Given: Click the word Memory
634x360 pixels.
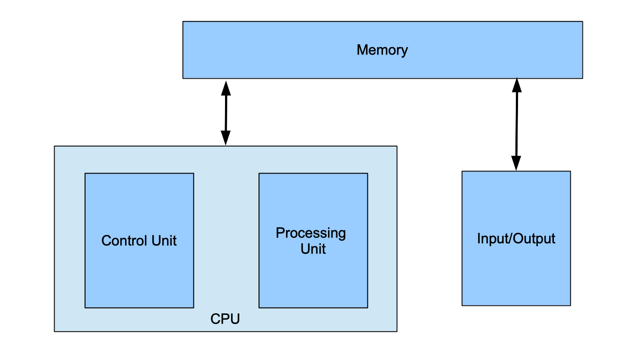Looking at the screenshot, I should [382, 50].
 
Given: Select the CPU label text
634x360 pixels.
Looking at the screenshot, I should [225, 319].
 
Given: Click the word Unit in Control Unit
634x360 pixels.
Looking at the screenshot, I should [165, 241].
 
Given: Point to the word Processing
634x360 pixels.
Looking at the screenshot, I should [311, 233].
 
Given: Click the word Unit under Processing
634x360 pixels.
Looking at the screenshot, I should [313, 249].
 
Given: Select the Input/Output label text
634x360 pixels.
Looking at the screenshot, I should [516, 239].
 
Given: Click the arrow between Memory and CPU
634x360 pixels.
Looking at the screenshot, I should [226, 112].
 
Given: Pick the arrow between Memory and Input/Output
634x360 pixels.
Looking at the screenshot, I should [517, 125].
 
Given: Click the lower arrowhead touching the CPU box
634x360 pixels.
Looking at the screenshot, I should [225, 138].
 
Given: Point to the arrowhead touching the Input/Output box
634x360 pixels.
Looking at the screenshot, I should [516, 163].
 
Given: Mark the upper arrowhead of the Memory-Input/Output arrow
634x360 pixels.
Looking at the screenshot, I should [517, 85].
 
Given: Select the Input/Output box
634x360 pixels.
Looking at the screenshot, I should [516, 273].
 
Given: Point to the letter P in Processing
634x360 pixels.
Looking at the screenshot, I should [280, 233].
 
